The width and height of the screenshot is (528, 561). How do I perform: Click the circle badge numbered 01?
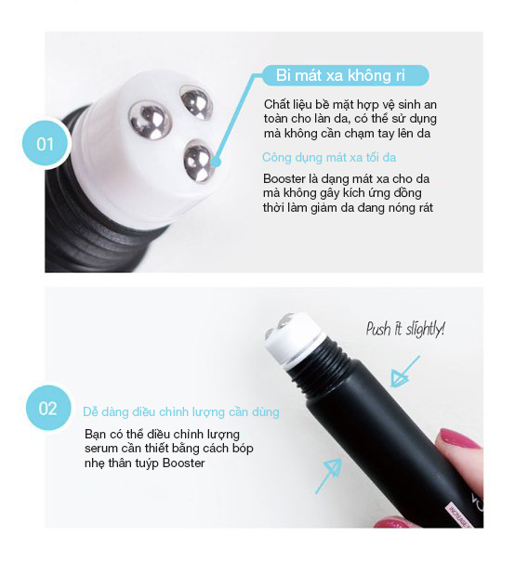(x=46, y=143)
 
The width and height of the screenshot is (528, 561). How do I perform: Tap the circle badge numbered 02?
(x=48, y=408)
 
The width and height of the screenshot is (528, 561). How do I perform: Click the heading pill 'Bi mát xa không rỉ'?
(x=346, y=75)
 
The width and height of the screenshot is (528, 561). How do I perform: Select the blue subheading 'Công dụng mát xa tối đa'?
(x=329, y=157)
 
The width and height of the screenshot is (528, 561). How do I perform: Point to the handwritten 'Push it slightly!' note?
(x=405, y=328)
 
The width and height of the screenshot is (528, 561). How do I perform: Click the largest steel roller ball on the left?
(x=150, y=119)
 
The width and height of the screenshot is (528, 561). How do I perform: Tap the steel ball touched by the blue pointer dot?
(x=198, y=162)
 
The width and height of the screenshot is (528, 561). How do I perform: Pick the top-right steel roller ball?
(x=196, y=103)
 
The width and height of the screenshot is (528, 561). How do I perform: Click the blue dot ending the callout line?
(x=216, y=163)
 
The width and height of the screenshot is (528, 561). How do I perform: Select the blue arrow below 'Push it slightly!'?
(x=403, y=372)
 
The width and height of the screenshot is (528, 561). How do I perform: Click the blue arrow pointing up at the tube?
(x=329, y=475)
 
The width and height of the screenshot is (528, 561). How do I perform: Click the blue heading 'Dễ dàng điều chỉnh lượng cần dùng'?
(x=180, y=412)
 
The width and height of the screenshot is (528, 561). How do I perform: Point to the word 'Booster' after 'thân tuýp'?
(x=184, y=463)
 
